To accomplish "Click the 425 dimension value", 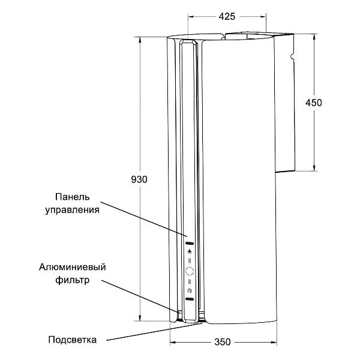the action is click(227, 17).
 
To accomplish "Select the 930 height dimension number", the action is click(139, 179).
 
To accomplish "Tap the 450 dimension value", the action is click(314, 103).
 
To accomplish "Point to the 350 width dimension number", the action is click(223, 342).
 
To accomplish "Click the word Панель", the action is click(73, 197).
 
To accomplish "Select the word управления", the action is click(73, 210).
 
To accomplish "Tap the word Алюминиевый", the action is click(73, 267).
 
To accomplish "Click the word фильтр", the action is click(73, 280).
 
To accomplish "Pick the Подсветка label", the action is click(73, 340).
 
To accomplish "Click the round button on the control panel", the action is click(190, 271).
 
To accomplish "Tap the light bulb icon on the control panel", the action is click(190, 251).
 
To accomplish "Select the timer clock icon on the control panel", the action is click(190, 290).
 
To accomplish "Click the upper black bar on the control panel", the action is click(190, 244).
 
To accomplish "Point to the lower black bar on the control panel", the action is click(190, 299).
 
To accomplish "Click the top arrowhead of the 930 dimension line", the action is click(140, 40).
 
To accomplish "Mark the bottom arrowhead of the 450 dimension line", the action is click(314, 168).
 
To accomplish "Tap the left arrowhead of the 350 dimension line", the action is click(173, 343).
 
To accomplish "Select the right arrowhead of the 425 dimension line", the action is click(263, 17).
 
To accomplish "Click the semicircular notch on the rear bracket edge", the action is click(292, 56).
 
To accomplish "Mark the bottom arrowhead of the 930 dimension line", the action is click(140, 318).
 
